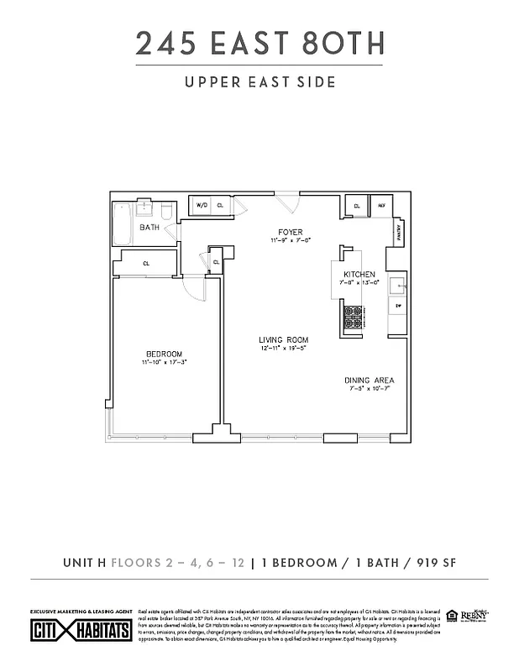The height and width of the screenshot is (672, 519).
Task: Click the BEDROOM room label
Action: coord(164,354)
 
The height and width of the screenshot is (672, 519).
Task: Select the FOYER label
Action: coord(291,232)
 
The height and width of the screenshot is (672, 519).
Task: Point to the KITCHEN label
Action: coord(359,275)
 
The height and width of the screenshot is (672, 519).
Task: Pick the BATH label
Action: coord(150,228)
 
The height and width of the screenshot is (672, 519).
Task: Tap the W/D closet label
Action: coord(202,205)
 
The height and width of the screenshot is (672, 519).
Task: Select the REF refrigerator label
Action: coord(380,205)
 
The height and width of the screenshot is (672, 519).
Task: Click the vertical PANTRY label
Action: coord(399,229)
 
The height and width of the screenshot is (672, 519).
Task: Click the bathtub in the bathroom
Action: coord(123,223)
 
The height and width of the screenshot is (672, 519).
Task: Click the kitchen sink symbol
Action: coord(399,281)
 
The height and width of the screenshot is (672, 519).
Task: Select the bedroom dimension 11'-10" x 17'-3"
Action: coord(164,363)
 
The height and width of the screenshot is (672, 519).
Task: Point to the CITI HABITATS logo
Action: coord(81,631)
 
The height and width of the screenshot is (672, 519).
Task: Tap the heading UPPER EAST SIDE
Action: coord(259,82)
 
